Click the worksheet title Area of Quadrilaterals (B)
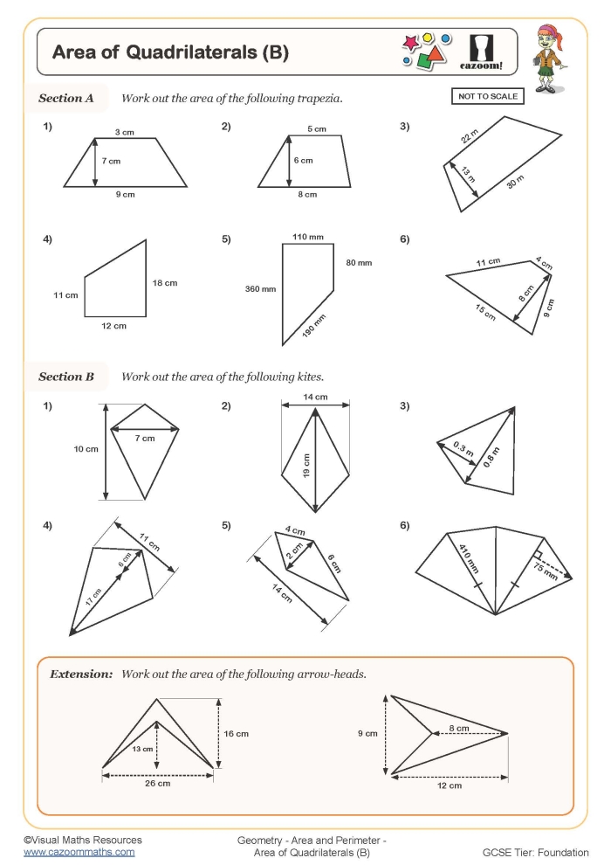click(x=170, y=52)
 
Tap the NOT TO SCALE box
click(x=488, y=97)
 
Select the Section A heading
click(x=66, y=99)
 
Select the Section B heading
click(x=66, y=377)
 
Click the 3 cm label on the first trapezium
click(x=125, y=132)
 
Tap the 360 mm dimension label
click(x=259, y=288)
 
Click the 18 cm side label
click(x=164, y=283)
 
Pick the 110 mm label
click(x=307, y=237)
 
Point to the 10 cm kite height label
click(x=86, y=449)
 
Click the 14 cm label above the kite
click(x=315, y=398)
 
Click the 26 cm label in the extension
click(x=157, y=784)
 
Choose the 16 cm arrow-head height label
click(x=237, y=734)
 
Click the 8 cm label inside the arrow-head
click(x=459, y=727)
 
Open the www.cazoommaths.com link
click(x=79, y=852)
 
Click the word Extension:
click(x=81, y=675)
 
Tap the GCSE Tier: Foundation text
click(x=535, y=852)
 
